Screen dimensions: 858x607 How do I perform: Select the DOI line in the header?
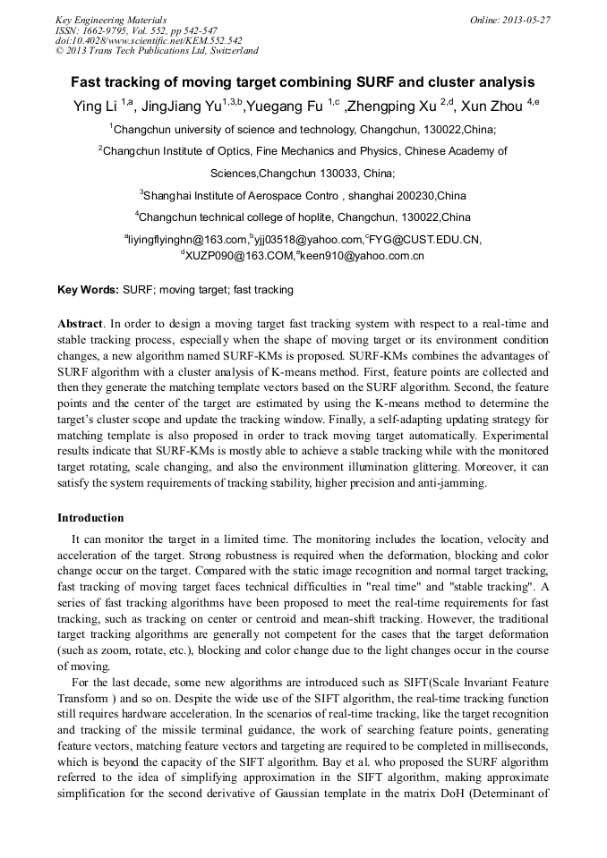point(149,40)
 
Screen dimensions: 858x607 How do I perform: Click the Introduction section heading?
point(90,518)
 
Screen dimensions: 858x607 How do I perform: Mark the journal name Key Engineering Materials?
point(111,19)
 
